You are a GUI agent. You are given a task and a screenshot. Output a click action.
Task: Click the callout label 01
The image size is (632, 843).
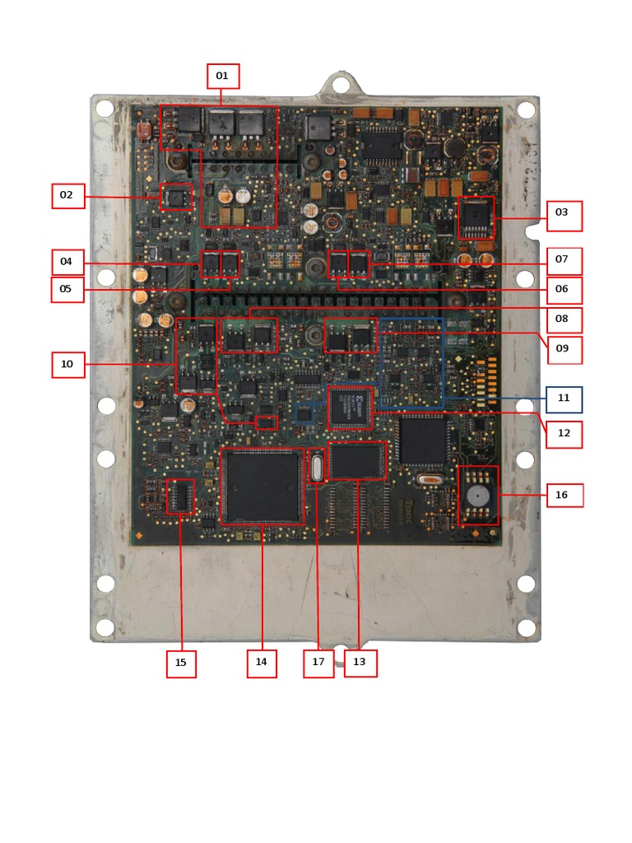tap(222, 77)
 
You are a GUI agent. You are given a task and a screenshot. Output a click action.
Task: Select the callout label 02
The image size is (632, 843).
tap(67, 196)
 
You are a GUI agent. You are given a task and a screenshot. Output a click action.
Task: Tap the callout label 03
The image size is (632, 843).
tap(564, 216)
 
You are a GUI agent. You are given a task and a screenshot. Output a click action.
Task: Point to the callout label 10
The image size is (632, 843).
tap(67, 365)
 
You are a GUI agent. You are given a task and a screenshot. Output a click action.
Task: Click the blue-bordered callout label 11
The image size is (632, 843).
tap(564, 399)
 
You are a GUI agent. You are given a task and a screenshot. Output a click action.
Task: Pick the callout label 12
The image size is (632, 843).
tap(564, 435)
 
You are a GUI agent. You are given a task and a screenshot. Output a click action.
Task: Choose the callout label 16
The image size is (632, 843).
tap(564, 496)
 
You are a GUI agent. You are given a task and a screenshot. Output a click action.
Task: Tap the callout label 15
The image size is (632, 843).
tap(181, 664)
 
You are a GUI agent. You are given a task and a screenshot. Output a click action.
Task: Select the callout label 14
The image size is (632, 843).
tap(262, 663)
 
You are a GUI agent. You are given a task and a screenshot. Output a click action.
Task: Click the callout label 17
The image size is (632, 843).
tap(318, 664)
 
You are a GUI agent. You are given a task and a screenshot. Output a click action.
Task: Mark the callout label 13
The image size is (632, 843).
tap(360, 664)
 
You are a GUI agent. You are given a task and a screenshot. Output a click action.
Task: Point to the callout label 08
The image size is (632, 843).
tap(564, 319)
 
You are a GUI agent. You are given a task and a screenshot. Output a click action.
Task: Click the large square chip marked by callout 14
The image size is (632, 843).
tap(262, 486)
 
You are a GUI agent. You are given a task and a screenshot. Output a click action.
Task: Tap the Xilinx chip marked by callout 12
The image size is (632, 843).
tap(351, 407)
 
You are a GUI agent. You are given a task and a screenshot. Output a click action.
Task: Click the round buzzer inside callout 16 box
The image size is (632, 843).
tap(477, 496)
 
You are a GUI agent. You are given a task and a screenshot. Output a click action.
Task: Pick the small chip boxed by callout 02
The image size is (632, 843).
tap(175, 198)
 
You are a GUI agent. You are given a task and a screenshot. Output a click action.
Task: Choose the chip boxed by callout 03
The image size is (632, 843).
tap(476, 217)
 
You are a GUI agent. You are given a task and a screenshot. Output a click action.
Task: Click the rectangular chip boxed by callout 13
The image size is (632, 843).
tap(356, 461)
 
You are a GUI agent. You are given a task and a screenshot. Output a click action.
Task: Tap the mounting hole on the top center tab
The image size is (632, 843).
tap(339, 84)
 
